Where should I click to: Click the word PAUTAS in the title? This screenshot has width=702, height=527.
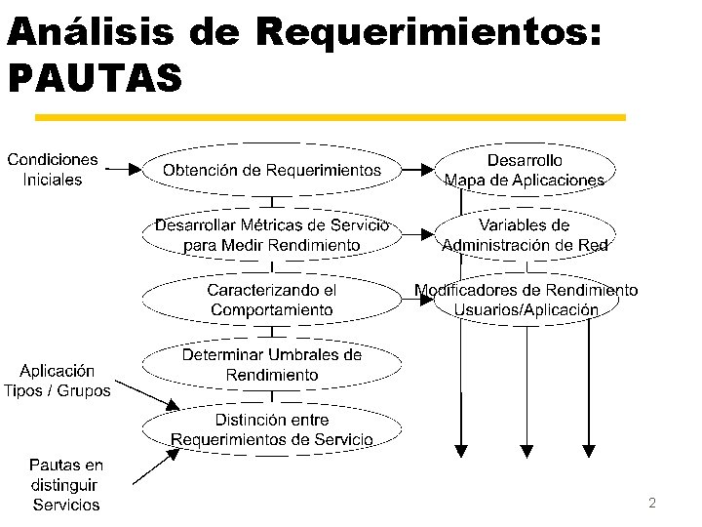(x=95, y=79)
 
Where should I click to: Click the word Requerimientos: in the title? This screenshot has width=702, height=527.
(x=429, y=32)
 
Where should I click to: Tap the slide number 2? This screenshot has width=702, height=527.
(x=651, y=503)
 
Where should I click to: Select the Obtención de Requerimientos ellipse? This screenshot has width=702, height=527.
(x=272, y=170)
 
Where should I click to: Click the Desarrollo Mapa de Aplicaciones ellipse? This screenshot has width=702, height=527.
(x=525, y=170)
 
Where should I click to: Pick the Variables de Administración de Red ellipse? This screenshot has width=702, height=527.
(x=525, y=235)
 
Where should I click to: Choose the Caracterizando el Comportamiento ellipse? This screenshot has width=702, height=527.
(x=272, y=300)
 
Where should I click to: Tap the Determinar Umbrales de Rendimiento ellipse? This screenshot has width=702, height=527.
(x=272, y=365)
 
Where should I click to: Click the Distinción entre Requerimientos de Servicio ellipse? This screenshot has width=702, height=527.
(x=272, y=430)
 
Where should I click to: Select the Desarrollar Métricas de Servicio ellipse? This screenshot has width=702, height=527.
(x=272, y=235)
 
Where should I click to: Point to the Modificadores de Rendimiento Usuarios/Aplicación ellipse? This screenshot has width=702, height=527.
(x=526, y=300)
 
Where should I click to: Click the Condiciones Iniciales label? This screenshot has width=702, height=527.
(x=53, y=169)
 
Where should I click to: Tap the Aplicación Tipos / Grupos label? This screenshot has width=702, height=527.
(x=58, y=381)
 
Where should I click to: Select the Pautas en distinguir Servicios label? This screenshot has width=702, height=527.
(x=66, y=485)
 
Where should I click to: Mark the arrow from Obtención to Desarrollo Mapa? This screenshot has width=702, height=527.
(x=417, y=170)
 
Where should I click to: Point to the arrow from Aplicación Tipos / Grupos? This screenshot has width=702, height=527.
(x=146, y=394)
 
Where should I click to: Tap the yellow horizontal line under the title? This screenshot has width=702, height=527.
(x=330, y=117)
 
